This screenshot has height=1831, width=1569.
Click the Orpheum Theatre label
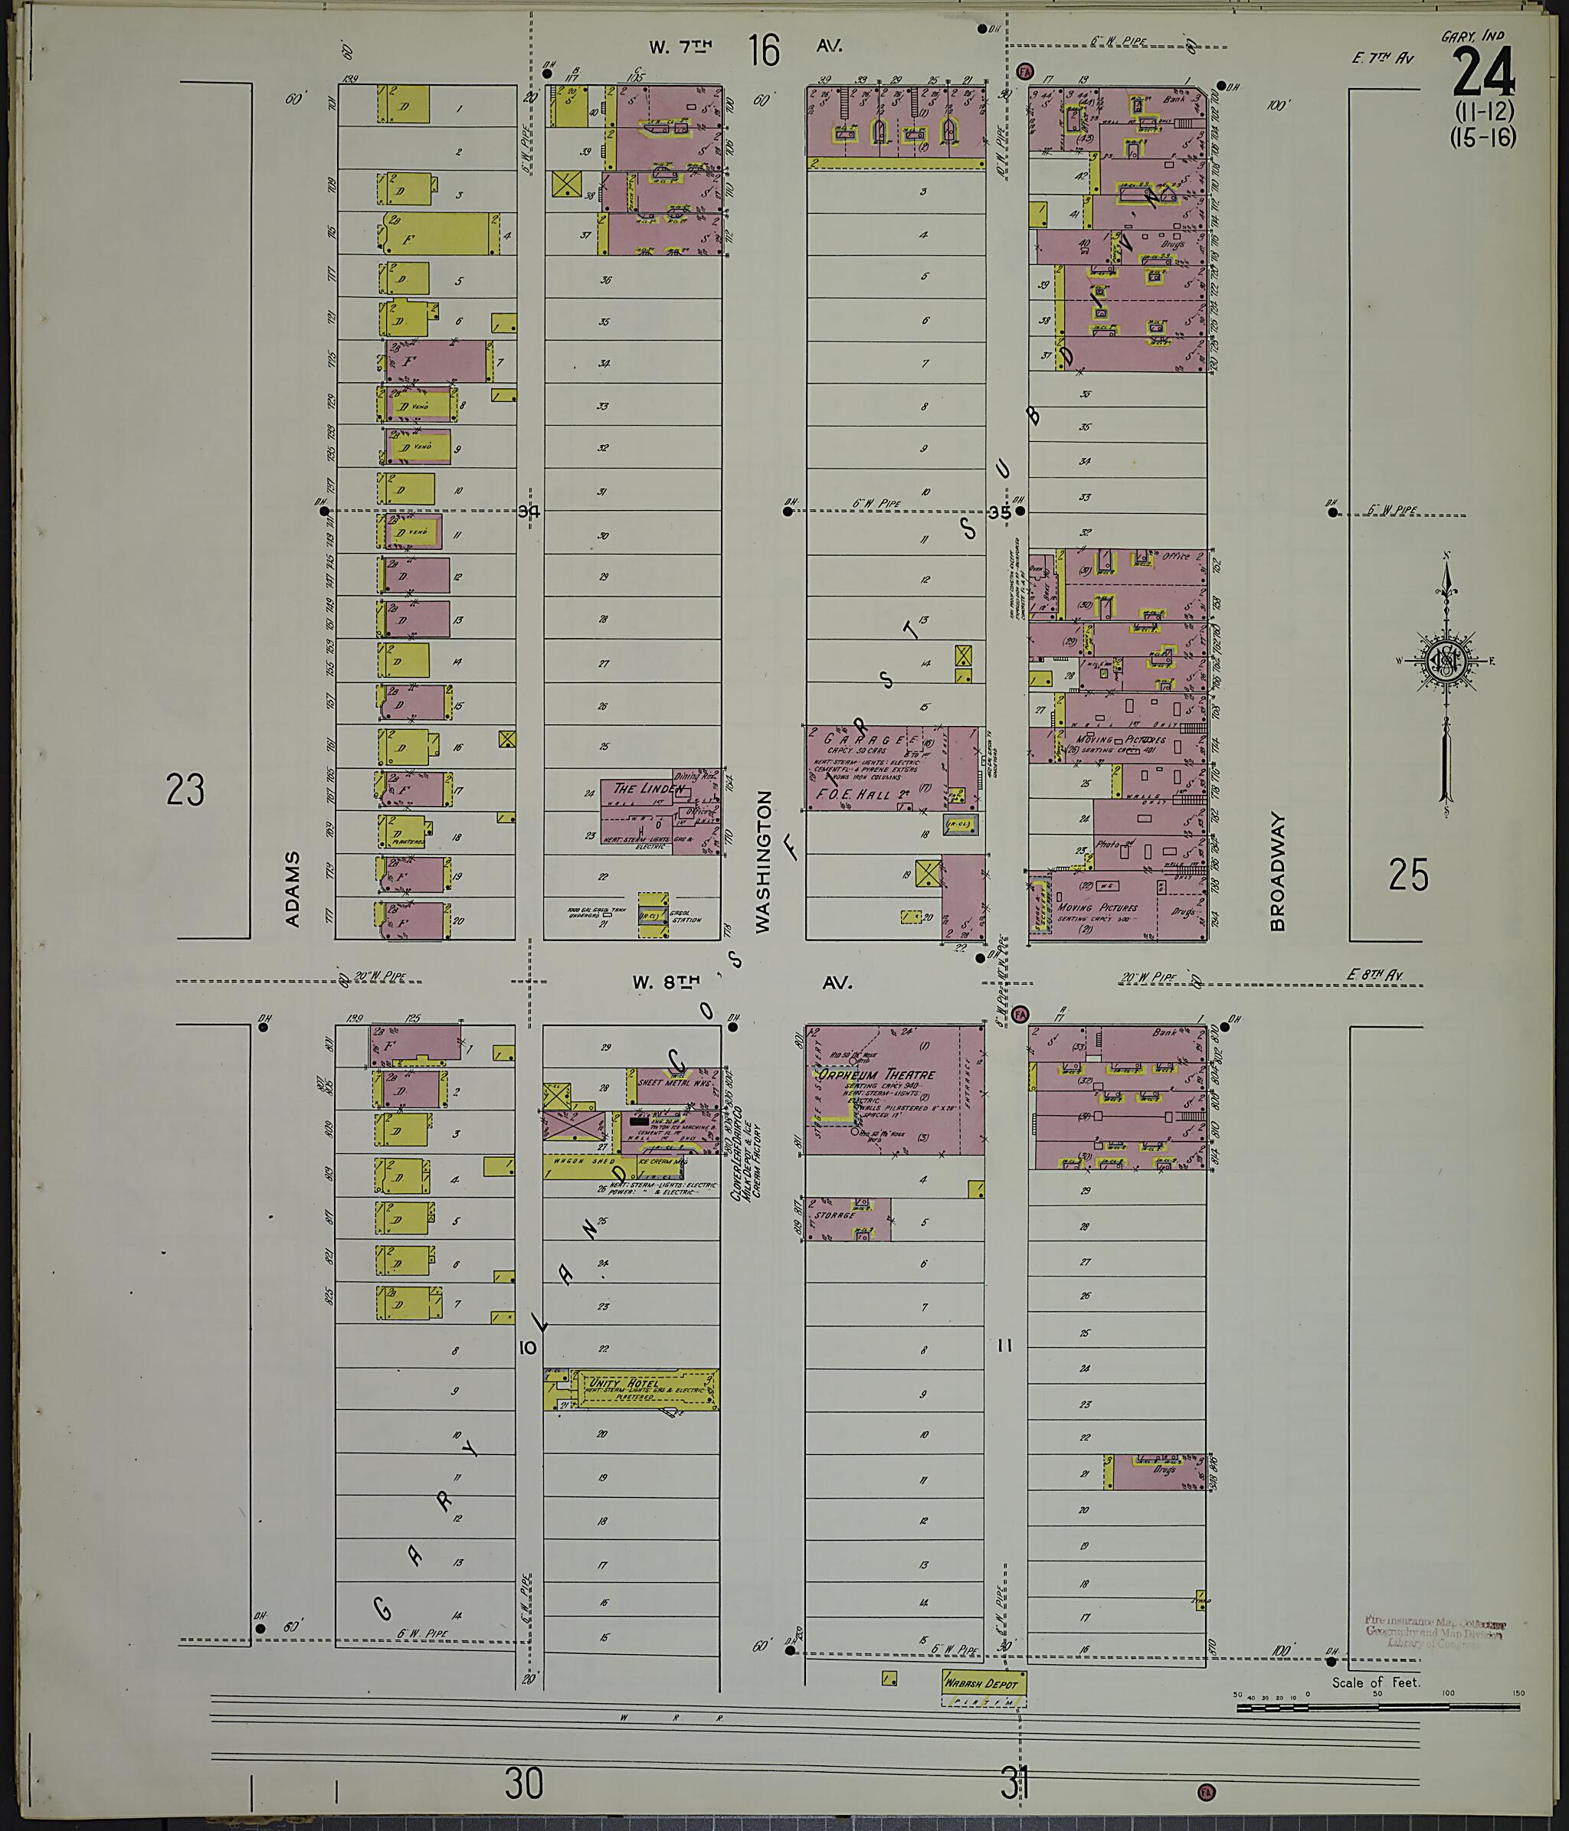coord(875,1074)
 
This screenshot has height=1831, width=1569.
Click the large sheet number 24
coord(1482,74)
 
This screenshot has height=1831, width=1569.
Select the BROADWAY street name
coord(1276,871)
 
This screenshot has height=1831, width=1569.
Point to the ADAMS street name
coord(293,888)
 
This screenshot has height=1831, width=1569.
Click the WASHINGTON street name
coord(764,861)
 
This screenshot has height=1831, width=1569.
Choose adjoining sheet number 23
coord(185,789)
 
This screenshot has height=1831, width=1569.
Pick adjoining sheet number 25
coord(1407,875)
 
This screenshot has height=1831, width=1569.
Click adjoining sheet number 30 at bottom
coord(523,1784)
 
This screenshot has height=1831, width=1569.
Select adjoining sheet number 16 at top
coord(764,51)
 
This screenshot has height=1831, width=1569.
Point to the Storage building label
coord(835,1215)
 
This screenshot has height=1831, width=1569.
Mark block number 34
coord(529,511)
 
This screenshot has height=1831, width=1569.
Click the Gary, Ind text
coord(1472,37)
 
